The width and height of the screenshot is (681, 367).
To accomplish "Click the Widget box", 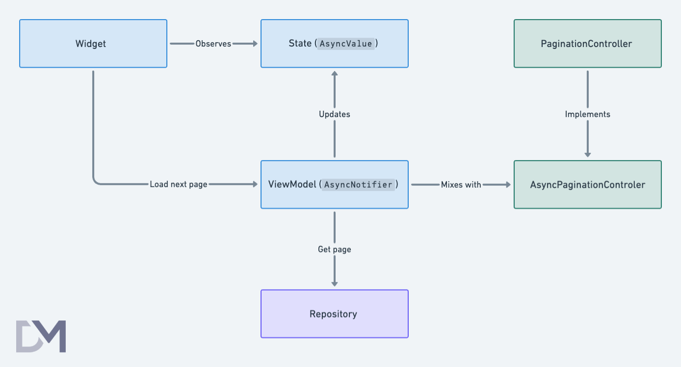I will [93, 44].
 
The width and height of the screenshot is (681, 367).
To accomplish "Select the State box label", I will [300, 44].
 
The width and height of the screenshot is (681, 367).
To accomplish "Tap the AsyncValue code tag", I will [346, 44].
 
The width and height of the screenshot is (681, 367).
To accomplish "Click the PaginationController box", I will [587, 44].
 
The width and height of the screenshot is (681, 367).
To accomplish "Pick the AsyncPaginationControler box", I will [587, 185].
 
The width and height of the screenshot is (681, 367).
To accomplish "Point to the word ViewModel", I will [292, 185].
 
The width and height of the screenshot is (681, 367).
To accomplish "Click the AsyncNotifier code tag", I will [359, 185].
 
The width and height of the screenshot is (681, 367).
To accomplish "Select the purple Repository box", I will [334, 314].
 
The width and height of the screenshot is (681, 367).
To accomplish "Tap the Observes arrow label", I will [213, 44].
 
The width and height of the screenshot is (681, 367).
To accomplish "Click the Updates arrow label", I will [334, 114].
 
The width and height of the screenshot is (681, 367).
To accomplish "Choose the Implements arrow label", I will [587, 114].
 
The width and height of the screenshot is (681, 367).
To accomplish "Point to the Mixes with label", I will [461, 185].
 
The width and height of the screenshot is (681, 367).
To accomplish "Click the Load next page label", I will [178, 185].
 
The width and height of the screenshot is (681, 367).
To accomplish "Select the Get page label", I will [334, 249].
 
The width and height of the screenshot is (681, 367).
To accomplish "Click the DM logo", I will [41, 336].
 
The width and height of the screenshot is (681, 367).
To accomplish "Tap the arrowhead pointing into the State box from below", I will [334, 73].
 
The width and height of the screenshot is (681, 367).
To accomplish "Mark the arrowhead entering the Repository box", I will [334, 283].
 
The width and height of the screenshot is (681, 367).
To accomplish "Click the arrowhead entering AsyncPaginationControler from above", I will [587, 154].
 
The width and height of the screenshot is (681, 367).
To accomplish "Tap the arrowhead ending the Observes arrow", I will [254, 44].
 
